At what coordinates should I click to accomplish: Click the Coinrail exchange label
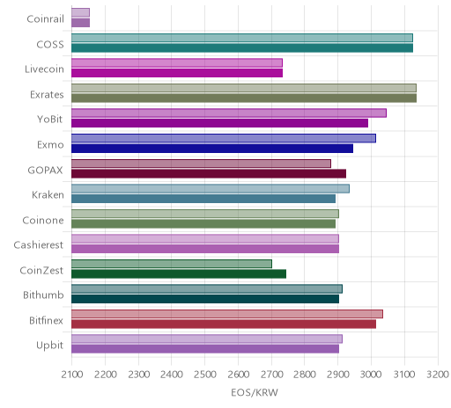pyautogui.click(x=45, y=19)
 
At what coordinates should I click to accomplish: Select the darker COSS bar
pyautogui.click(x=242, y=48)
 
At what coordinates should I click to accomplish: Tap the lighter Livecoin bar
pyautogui.click(x=177, y=62)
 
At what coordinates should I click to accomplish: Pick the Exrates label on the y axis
pyautogui.click(x=47, y=95)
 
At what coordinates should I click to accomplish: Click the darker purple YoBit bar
pyautogui.click(x=219, y=123)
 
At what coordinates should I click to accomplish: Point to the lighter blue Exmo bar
pyautogui.click(x=224, y=138)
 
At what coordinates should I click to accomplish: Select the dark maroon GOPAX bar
pyautogui.click(x=209, y=174)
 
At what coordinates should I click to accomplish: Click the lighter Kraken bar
pyautogui.click(x=211, y=188)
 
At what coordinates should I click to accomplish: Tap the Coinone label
pyautogui.click(x=43, y=221)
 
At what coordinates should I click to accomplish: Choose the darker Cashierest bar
pyautogui.click(x=205, y=249)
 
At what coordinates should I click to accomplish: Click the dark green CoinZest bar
pyautogui.click(x=179, y=274)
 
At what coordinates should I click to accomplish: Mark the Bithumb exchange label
pyautogui.click(x=43, y=295)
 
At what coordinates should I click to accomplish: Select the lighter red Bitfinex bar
pyautogui.click(x=227, y=314)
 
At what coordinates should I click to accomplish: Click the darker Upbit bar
pyautogui.click(x=205, y=349)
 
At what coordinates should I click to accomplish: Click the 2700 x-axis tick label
pyautogui.click(x=271, y=375)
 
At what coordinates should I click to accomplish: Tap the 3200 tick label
pyautogui.click(x=438, y=375)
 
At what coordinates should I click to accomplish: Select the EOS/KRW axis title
pyautogui.click(x=255, y=392)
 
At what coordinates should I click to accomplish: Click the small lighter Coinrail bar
pyautogui.click(x=80, y=12)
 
